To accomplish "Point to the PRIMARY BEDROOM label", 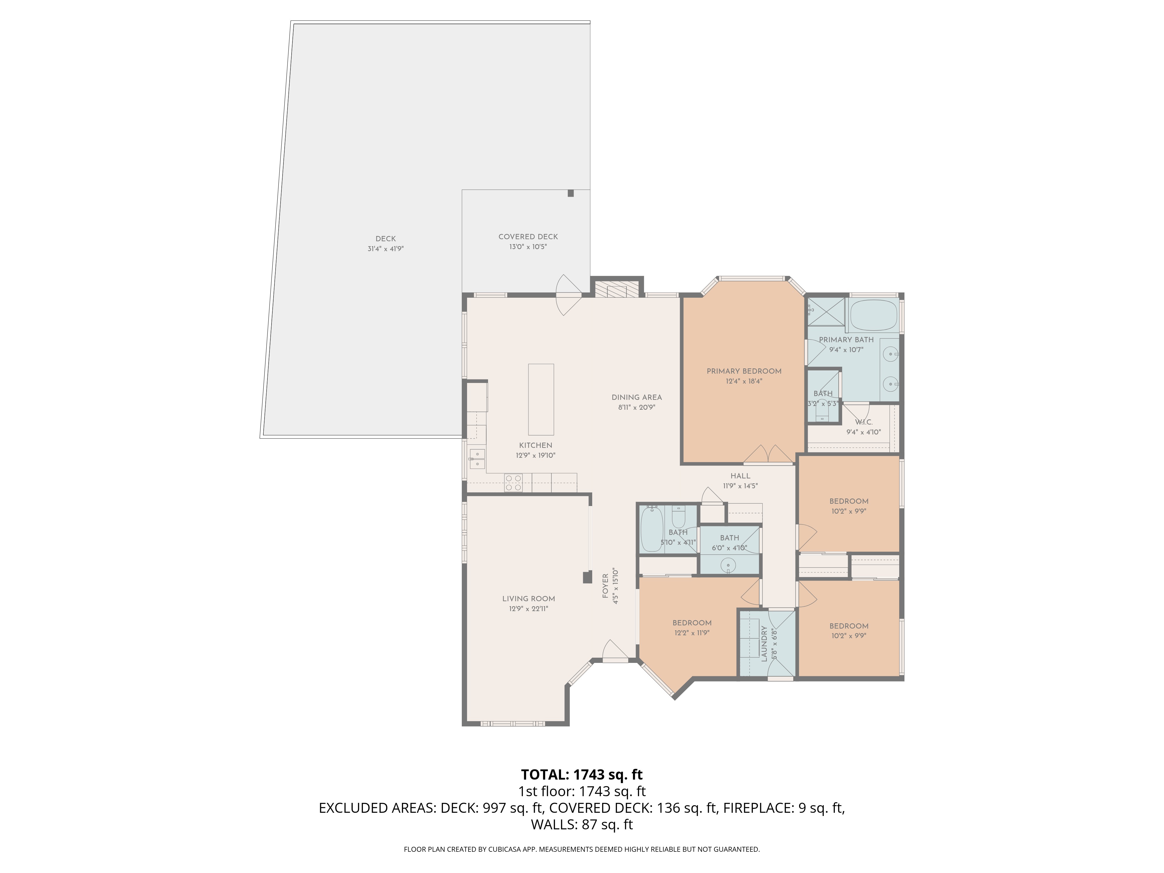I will [744, 371].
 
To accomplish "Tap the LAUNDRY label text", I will [764, 643].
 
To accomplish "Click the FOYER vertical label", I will [605, 586].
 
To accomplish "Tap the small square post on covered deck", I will [570, 193].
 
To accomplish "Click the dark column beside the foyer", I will [587, 577].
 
